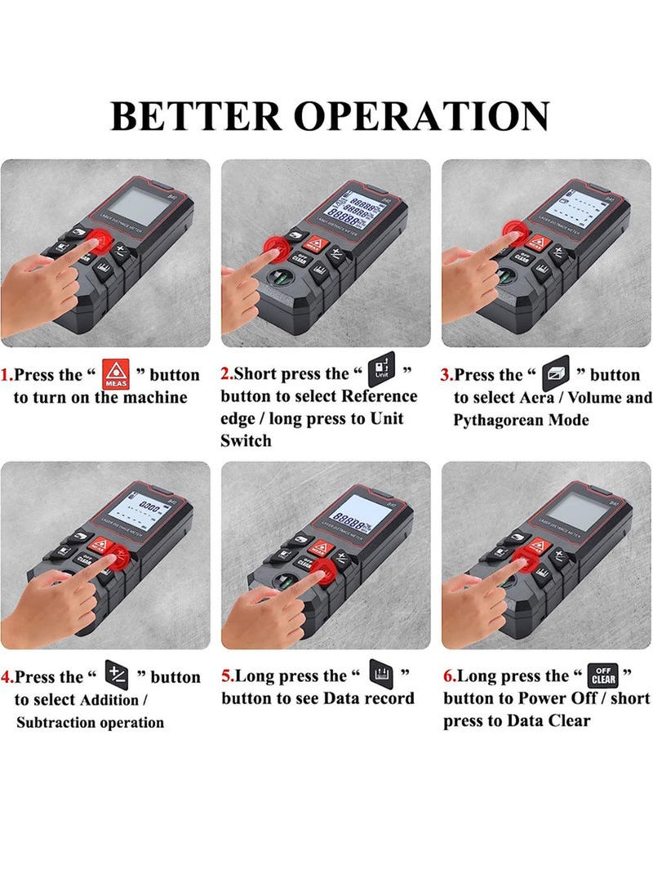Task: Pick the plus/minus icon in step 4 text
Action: (117, 675)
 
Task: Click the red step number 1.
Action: (7, 376)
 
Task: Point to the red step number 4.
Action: (7, 678)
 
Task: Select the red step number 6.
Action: (448, 677)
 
